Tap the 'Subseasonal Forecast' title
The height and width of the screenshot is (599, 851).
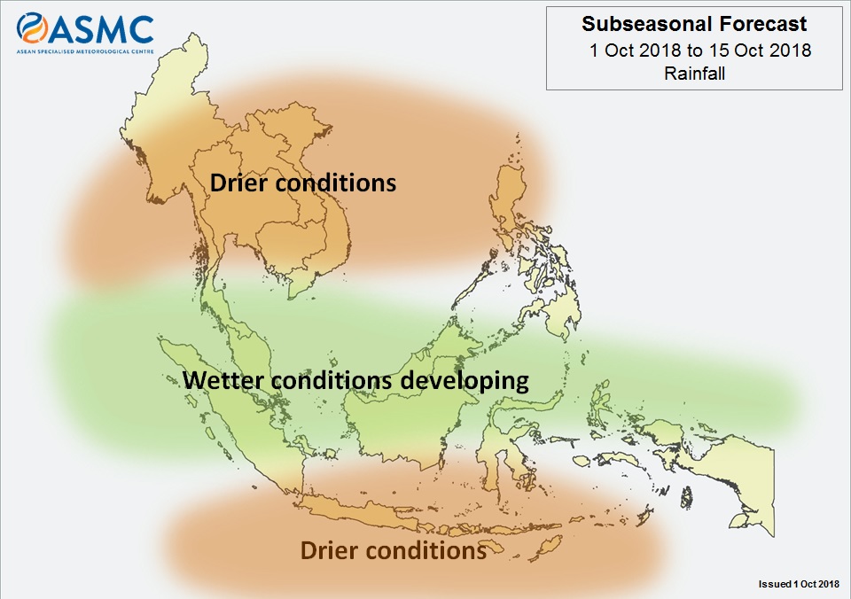coord(694,24)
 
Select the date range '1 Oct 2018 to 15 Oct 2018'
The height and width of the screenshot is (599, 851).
coord(700,51)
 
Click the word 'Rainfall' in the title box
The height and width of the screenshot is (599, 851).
coord(694,74)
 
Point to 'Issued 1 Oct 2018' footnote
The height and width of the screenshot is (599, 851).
coord(799,584)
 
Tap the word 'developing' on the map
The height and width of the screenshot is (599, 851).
coord(465,381)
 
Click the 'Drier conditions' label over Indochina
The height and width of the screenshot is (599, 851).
coord(303,183)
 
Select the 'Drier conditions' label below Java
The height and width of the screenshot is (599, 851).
coord(393,550)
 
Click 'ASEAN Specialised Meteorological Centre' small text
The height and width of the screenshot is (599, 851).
coord(85,51)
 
